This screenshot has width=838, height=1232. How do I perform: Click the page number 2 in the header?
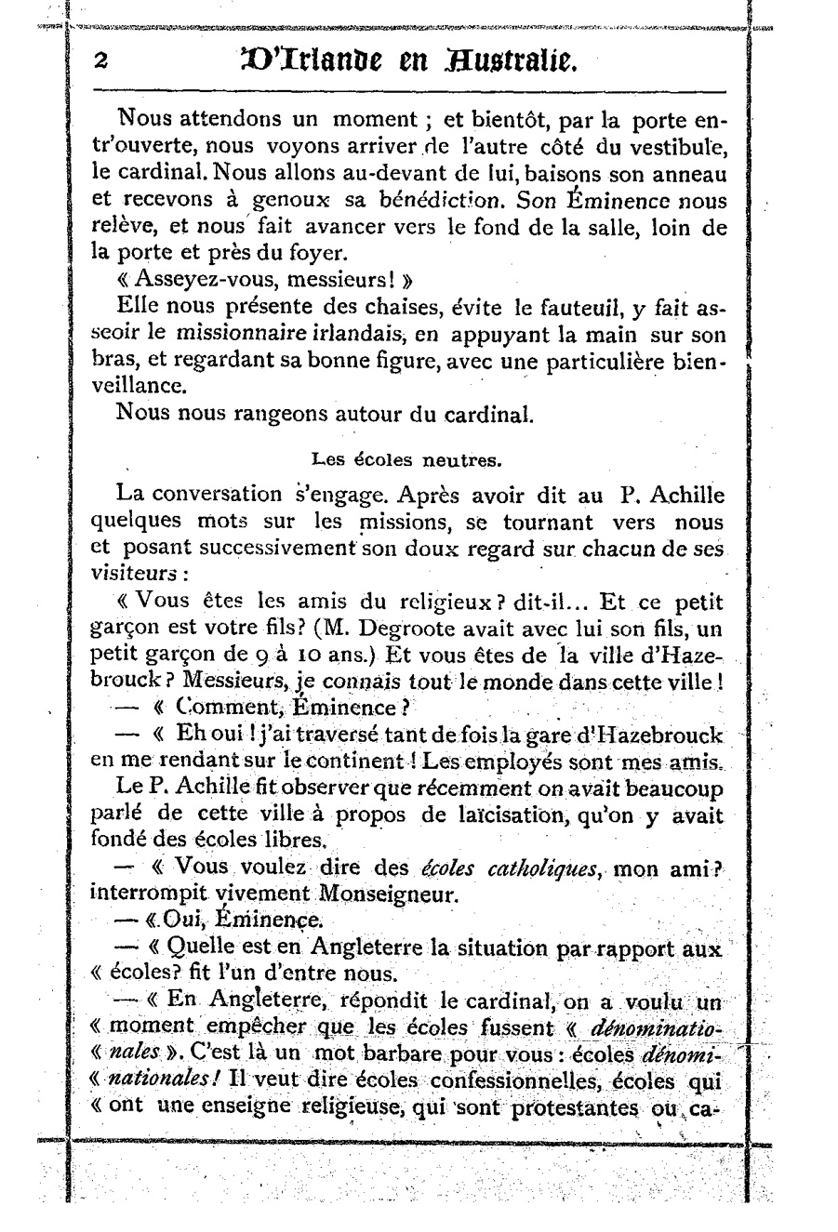[x=101, y=60]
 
